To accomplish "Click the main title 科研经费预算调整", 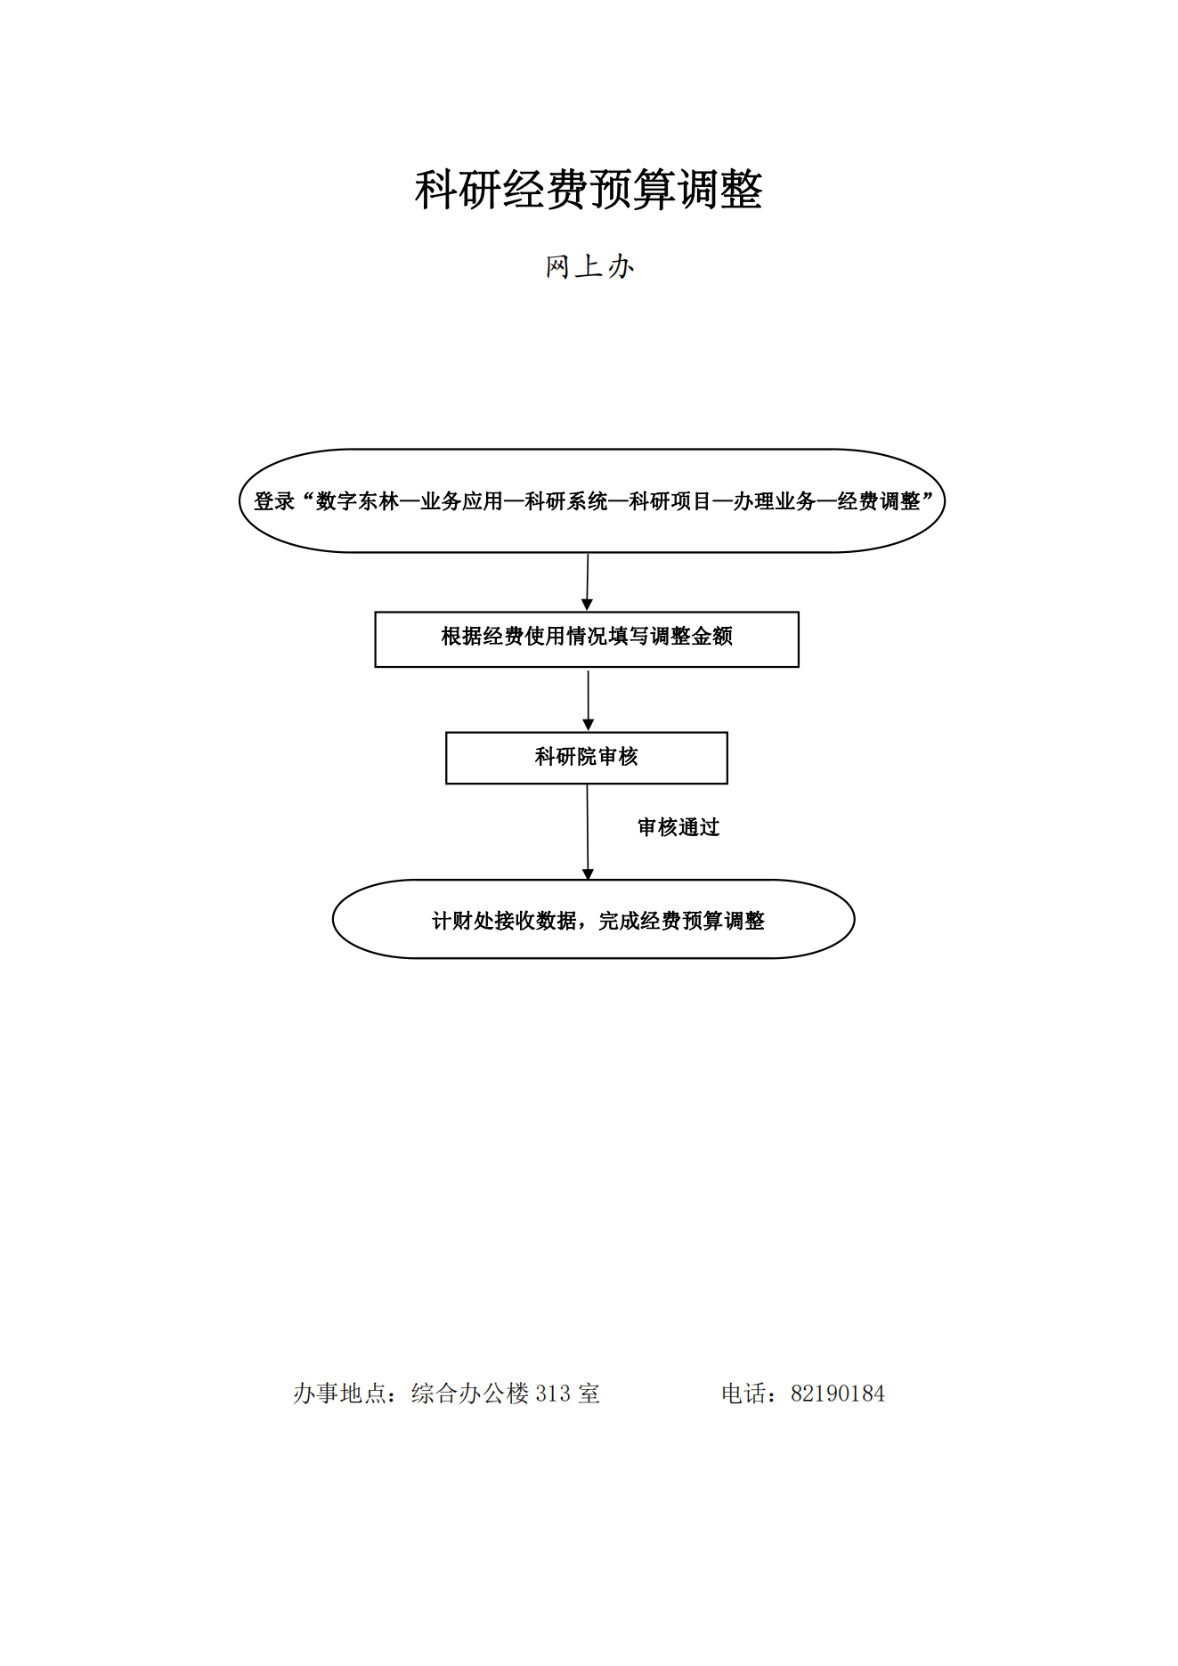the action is (x=589, y=190).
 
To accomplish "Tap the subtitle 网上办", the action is (x=589, y=266).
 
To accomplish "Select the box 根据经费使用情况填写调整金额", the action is (x=587, y=639).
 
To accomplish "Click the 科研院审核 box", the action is (x=587, y=758).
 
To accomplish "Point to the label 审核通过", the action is (x=678, y=827).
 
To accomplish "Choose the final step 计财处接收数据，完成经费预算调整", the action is (x=594, y=920).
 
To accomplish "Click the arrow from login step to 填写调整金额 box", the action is (x=587, y=582).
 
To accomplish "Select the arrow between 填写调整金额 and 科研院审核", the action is (x=588, y=700).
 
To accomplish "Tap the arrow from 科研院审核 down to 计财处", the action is (x=588, y=833).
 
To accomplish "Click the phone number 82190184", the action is (x=838, y=1394).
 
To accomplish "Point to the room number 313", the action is (x=553, y=1394).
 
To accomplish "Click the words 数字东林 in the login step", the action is (x=358, y=501).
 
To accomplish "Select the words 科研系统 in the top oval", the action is (x=566, y=501).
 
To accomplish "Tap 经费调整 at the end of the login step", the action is (x=879, y=501).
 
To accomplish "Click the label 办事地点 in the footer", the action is (x=340, y=1394).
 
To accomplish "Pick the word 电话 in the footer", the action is (x=744, y=1394).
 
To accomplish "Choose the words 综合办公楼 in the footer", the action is (x=470, y=1394).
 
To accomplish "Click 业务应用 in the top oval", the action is (x=462, y=501).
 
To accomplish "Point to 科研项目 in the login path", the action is (x=670, y=501).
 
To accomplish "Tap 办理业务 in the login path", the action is (x=775, y=501).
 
